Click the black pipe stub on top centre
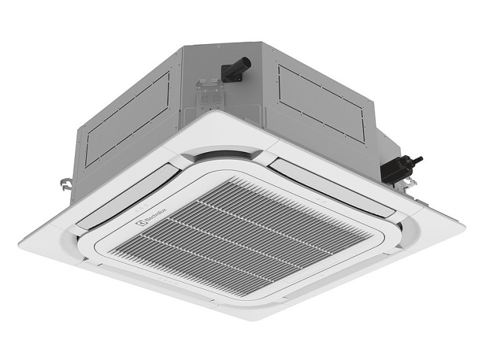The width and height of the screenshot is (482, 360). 235,68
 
